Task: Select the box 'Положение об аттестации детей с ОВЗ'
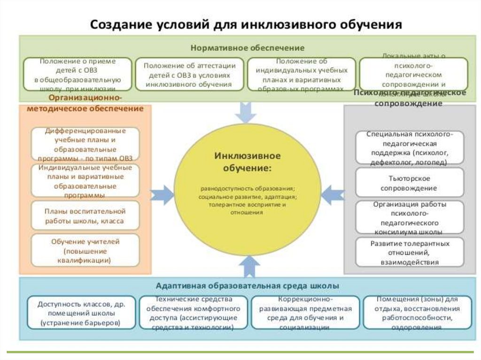click(x=189, y=74)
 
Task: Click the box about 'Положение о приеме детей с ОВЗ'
click(x=78, y=74)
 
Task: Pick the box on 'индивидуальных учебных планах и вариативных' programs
click(x=302, y=74)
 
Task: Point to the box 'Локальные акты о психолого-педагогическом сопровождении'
click(x=413, y=74)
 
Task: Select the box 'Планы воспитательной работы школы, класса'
click(x=85, y=216)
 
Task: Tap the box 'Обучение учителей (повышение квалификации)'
click(x=85, y=250)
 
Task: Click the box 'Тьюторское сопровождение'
click(x=410, y=183)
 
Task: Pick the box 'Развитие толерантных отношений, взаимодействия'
click(x=410, y=253)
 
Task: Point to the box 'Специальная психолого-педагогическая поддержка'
click(x=410, y=147)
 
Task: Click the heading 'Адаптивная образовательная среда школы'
click(x=248, y=285)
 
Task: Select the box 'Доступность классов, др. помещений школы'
click(x=81, y=312)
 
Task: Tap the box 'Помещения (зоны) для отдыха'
click(x=417, y=312)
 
